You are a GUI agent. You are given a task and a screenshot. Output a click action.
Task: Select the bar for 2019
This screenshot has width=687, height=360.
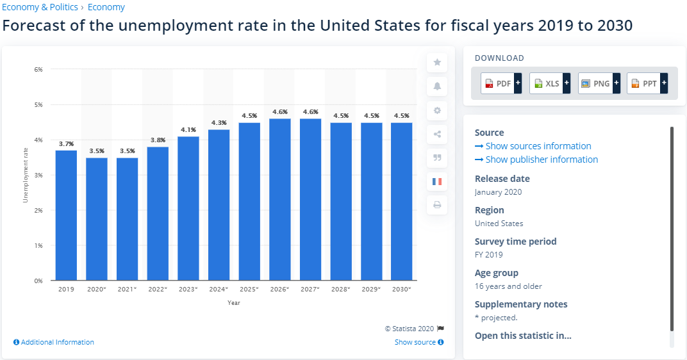click(x=66, y=215)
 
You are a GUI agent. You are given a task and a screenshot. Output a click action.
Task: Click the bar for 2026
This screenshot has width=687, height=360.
click(x=280, y=199)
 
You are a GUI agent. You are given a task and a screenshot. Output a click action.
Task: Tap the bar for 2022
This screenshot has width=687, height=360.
click(x=158, y=213)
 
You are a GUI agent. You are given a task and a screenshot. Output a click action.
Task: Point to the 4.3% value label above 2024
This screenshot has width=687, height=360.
click(x=219, y=122)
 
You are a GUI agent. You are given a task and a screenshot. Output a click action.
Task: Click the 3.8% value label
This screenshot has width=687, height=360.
click(x=158, y=140)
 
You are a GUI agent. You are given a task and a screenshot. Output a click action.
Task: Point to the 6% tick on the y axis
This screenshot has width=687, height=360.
click(x=38, y=69)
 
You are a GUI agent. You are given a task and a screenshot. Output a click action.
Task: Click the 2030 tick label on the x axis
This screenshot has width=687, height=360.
click(x=401, y=289)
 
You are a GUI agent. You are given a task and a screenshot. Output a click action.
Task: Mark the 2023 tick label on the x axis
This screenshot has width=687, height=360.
click(x=188, y=289)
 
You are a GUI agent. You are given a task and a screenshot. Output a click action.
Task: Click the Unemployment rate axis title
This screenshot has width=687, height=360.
click(x=26, y=175)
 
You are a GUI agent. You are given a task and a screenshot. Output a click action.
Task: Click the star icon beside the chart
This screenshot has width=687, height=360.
click(x=437, y=62)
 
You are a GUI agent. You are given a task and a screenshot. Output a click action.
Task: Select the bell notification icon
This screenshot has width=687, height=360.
click(x=437, y=86)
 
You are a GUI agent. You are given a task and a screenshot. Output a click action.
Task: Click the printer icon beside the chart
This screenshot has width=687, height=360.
click(x=437, y=205)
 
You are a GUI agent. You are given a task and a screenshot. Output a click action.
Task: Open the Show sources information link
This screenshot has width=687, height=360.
click(x=533, y=146)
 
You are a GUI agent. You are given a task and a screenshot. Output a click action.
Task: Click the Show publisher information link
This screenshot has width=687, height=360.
click(x=536, y=160)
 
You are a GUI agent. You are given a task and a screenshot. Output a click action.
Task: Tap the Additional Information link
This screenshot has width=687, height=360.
click(x=54, y=342)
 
